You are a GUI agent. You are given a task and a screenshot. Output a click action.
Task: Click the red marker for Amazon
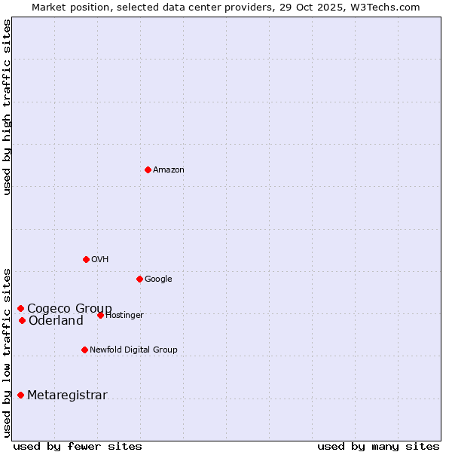click(x=148, y=169)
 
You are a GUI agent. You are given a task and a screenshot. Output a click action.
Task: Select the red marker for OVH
click(x=86, y=259)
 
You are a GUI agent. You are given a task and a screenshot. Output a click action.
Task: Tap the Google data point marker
click(x=139, y=279)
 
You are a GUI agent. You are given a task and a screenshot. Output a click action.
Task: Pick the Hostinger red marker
click(x=100, y=315)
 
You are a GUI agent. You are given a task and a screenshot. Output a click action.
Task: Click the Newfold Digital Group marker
click(x=84, y=350)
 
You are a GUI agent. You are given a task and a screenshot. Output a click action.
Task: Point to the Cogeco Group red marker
click(x=20, y=308)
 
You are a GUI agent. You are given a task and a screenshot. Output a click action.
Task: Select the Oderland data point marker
click(x=22, y=320)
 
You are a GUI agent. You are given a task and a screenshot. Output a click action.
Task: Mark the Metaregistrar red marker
click(x=20, y=395)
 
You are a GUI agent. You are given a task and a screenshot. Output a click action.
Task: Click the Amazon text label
click(x=169, y=170)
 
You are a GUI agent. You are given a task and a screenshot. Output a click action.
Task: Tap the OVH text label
click(x=100, y=260)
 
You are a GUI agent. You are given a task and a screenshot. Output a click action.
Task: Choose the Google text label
click(x=158, y=279)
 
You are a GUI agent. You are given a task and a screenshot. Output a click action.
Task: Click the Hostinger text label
click(x=125, y=316)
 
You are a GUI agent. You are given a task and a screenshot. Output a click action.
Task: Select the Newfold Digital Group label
click(x=133, y=350)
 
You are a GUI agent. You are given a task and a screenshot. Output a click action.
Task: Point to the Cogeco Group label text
click(x=69, y=308)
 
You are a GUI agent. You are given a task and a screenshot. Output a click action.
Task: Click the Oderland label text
click(x=56, y=321)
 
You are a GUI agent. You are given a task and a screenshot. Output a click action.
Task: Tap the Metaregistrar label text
click(x=67, y=395)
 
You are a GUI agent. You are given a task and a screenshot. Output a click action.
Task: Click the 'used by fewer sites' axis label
click(x=78, y=447)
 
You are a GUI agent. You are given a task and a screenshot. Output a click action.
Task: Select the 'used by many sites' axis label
click(x=378, y=447)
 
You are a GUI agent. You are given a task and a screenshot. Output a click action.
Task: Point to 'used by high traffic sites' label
click(x=7, y=107)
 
